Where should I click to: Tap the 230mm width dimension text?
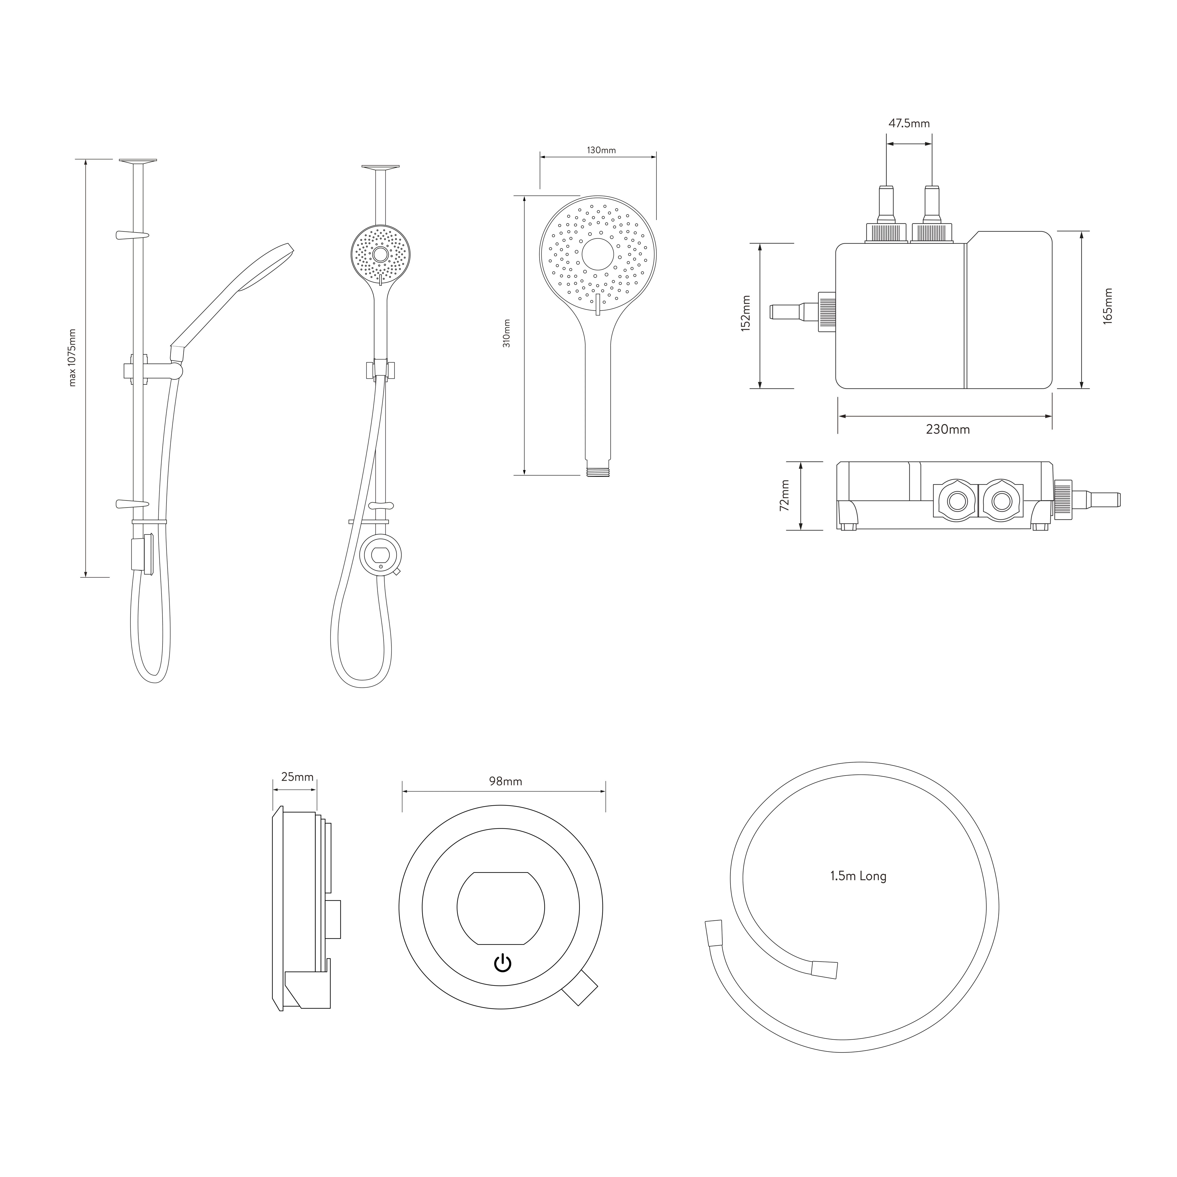tap(947, 430)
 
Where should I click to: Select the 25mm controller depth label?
tap(297, 777)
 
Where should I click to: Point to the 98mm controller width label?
tap(505, 782)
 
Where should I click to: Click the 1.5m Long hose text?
tap(858, 877)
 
